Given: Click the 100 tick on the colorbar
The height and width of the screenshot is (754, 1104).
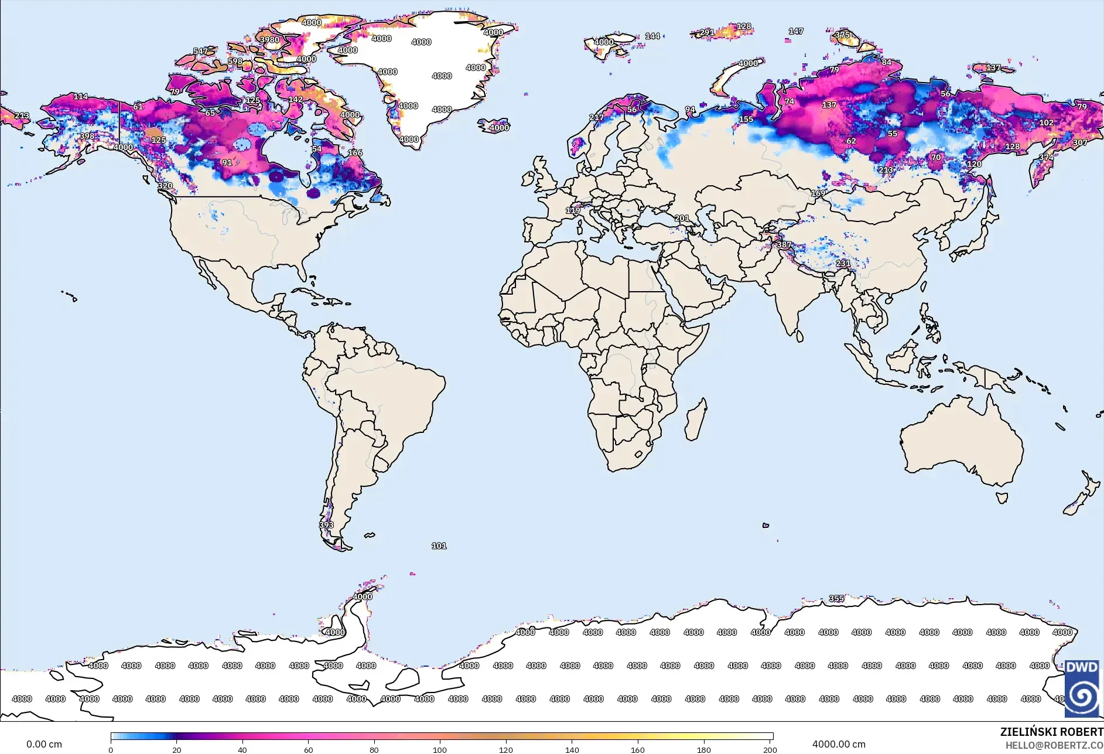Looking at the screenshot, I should [x=440, y=749].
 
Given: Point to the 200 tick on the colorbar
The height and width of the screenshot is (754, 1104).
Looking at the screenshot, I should [x=770, y=749].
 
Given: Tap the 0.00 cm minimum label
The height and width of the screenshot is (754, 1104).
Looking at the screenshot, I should [x=44, y=744].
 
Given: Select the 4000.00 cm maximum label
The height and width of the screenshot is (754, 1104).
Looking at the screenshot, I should [x=838, y=744].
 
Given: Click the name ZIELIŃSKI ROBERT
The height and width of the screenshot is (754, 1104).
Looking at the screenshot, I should [x=1051, y=732].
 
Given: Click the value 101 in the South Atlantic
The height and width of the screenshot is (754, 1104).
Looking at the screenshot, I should [x=439, y=545].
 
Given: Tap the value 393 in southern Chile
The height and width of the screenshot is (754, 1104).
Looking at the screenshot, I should [x=326, y=525].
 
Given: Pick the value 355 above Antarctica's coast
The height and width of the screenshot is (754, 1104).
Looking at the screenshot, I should [x=836, y=598].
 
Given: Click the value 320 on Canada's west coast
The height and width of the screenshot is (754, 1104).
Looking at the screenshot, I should [x=165, y=186].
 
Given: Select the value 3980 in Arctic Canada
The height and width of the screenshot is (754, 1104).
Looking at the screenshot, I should [x=269, y=40].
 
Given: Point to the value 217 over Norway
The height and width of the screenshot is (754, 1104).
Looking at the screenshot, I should [x=596, y=117].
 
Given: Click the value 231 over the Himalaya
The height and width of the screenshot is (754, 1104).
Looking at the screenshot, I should [x=843, y=263].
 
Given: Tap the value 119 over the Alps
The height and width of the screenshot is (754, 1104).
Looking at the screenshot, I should [x=573, y=210].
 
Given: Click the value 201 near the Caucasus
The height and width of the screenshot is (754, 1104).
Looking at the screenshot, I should [x=682, y=218].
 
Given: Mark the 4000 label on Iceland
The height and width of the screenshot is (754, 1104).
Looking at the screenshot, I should [x=499, y=128].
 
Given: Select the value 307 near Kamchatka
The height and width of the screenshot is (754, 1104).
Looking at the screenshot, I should [x=1080, y=142].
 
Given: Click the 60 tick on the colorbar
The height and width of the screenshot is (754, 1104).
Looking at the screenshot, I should [x=308, y=749].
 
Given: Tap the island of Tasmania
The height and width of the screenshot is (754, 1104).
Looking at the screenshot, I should [x=1002, y=498].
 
